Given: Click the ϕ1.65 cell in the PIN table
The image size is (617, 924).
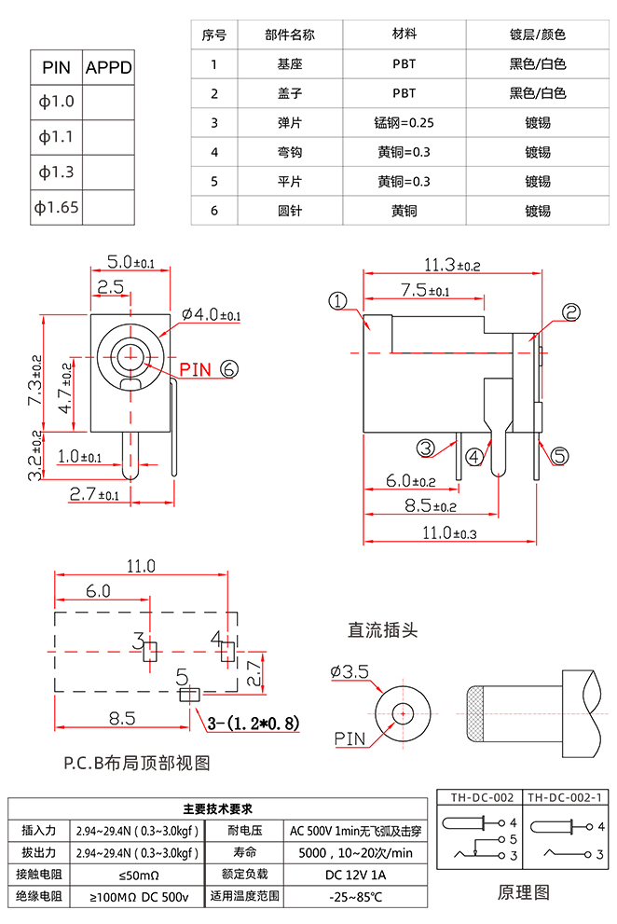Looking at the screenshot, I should tap(57, 207).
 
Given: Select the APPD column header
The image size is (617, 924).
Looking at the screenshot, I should tap(109, 68).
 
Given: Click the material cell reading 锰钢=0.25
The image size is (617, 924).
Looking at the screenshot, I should tap(404, 123).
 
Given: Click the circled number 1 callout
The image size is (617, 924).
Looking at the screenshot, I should tap(337, 300).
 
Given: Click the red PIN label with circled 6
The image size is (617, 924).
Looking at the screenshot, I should tap(209, 369).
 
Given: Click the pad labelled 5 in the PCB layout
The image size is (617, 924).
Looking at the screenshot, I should tap(190, 694).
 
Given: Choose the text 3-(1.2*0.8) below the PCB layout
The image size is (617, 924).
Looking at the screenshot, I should tap(253, 722).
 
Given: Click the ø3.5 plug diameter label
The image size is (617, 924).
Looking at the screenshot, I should tap(350, 671).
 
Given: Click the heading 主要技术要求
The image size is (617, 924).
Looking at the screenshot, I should tap(217, 808).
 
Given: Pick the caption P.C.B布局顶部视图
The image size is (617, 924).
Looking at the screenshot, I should tap(137, 763).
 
